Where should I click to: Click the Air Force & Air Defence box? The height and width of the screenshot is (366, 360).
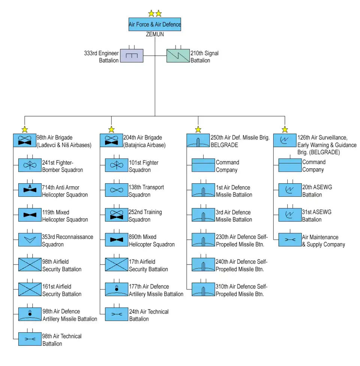[154, 24]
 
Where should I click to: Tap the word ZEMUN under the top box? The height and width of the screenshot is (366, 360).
[154, 34]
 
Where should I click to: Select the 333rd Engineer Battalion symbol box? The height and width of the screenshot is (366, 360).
[131, 56]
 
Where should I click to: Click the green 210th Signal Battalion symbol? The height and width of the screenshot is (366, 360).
[178, 56]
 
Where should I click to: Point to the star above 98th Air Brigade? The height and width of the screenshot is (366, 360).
[25, 130]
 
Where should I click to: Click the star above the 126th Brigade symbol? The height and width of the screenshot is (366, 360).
[285, 130]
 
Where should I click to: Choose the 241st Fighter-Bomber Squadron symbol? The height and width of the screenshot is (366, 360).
[30, 165]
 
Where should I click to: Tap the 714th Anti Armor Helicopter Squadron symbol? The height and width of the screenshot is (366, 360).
[30, 190]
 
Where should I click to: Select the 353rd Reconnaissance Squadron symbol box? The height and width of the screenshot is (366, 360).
[30, 240]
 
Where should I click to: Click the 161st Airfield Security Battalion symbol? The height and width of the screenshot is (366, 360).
[30, 289]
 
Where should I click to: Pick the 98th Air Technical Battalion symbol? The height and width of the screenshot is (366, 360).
[30, 339]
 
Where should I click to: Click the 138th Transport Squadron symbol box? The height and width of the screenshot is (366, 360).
[117, 190]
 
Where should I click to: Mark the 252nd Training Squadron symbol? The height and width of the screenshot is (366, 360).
[117, 215]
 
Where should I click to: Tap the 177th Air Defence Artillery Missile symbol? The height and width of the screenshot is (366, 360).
[117, 289]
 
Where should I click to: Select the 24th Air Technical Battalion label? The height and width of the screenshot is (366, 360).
[149, 315]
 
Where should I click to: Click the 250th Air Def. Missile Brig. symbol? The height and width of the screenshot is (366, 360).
[198, 140]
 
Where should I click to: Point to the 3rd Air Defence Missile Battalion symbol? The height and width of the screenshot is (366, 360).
[204, 215]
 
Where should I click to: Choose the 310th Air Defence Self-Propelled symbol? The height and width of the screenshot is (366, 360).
[204, 289]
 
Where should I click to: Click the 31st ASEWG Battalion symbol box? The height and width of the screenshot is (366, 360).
[290, 215]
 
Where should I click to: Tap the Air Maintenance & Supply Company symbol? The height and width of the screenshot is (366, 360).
[290, 240]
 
